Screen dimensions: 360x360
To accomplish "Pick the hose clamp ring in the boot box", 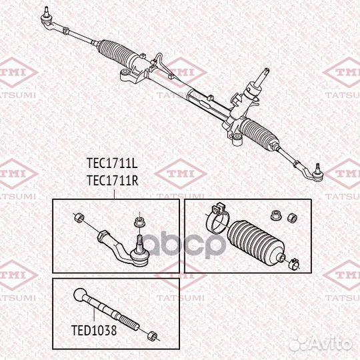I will tap(219, 214).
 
